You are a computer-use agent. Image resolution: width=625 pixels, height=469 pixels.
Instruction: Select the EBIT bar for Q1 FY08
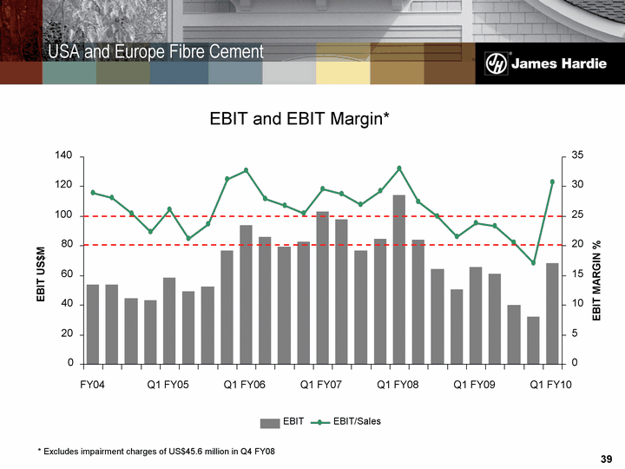(398, 279)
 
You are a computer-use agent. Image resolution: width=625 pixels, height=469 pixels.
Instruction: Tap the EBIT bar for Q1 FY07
(322, 287)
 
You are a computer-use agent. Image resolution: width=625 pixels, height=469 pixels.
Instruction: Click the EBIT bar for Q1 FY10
(551, 313)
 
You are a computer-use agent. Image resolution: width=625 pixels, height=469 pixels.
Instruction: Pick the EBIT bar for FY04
(93, 323)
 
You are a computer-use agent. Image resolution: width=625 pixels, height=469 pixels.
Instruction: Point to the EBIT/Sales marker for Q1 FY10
(552, 182)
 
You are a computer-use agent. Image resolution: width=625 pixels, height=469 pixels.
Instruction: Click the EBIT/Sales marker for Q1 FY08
(399, 168)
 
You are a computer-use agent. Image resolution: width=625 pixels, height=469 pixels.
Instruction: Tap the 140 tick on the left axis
(64, 156)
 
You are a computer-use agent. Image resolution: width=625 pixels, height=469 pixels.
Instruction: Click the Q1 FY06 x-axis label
(245, 384)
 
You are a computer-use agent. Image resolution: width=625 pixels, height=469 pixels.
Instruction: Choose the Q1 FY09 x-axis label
(475, 384)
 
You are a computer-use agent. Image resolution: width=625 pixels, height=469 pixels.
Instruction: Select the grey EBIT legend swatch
(271, 422)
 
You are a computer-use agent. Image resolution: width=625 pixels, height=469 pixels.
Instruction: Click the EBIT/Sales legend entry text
(357, 422)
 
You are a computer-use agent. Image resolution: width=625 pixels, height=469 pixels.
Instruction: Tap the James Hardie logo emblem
(496, 63)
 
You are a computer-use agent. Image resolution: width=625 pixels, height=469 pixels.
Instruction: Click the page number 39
(606, 458)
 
